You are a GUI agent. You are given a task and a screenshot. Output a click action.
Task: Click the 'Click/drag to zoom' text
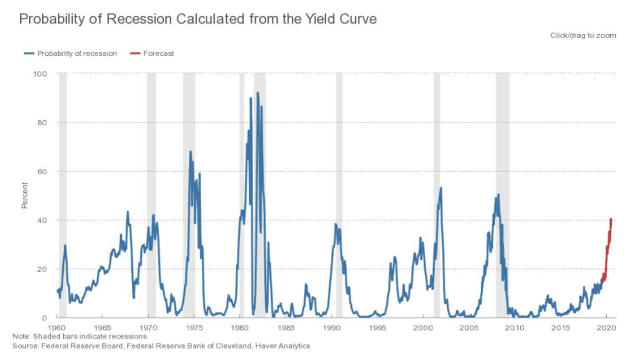coord(583,35)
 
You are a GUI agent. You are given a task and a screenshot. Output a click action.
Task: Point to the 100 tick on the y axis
coord(41,74)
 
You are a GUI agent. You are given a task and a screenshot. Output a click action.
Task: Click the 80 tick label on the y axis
coord(42,122)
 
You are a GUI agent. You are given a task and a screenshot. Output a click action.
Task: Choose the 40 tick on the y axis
coord(42,220)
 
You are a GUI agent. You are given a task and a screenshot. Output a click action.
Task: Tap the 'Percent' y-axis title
coord(25,196)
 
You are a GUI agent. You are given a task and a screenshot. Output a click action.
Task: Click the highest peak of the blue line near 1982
coord(258,93)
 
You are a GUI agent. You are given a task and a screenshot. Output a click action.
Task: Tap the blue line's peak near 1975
coord(190,151)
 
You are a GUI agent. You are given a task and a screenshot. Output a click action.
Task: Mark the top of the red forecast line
coord(611,219)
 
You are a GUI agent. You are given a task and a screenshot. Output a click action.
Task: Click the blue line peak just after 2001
coord(441,188)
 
